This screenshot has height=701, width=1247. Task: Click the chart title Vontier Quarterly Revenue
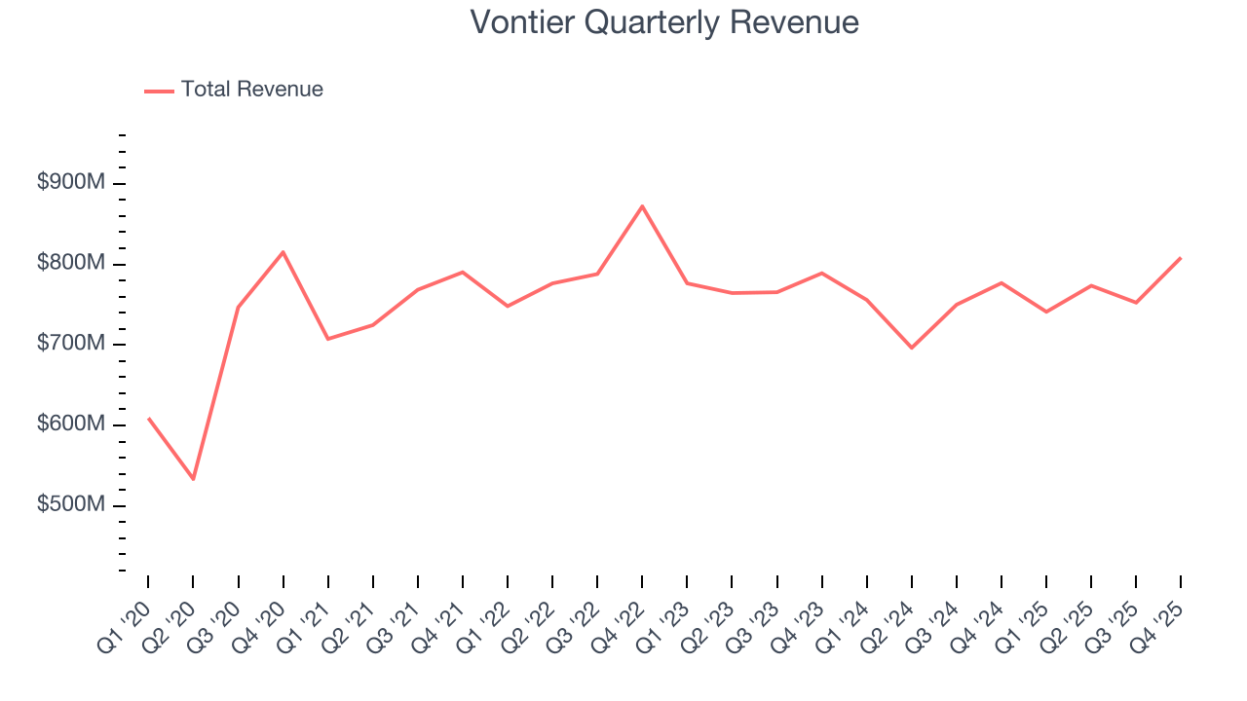point(664,21)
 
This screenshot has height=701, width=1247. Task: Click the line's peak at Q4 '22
point(642,206)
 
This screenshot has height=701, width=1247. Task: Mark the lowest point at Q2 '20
point(193,479)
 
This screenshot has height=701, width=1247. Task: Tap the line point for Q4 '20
point(283,252)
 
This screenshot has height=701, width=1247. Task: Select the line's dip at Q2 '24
point(912,348)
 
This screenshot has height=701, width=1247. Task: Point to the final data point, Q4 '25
point(1181,258)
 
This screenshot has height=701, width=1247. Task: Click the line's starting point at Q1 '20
point(148,419)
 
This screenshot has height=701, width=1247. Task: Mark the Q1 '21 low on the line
point(327,339)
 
